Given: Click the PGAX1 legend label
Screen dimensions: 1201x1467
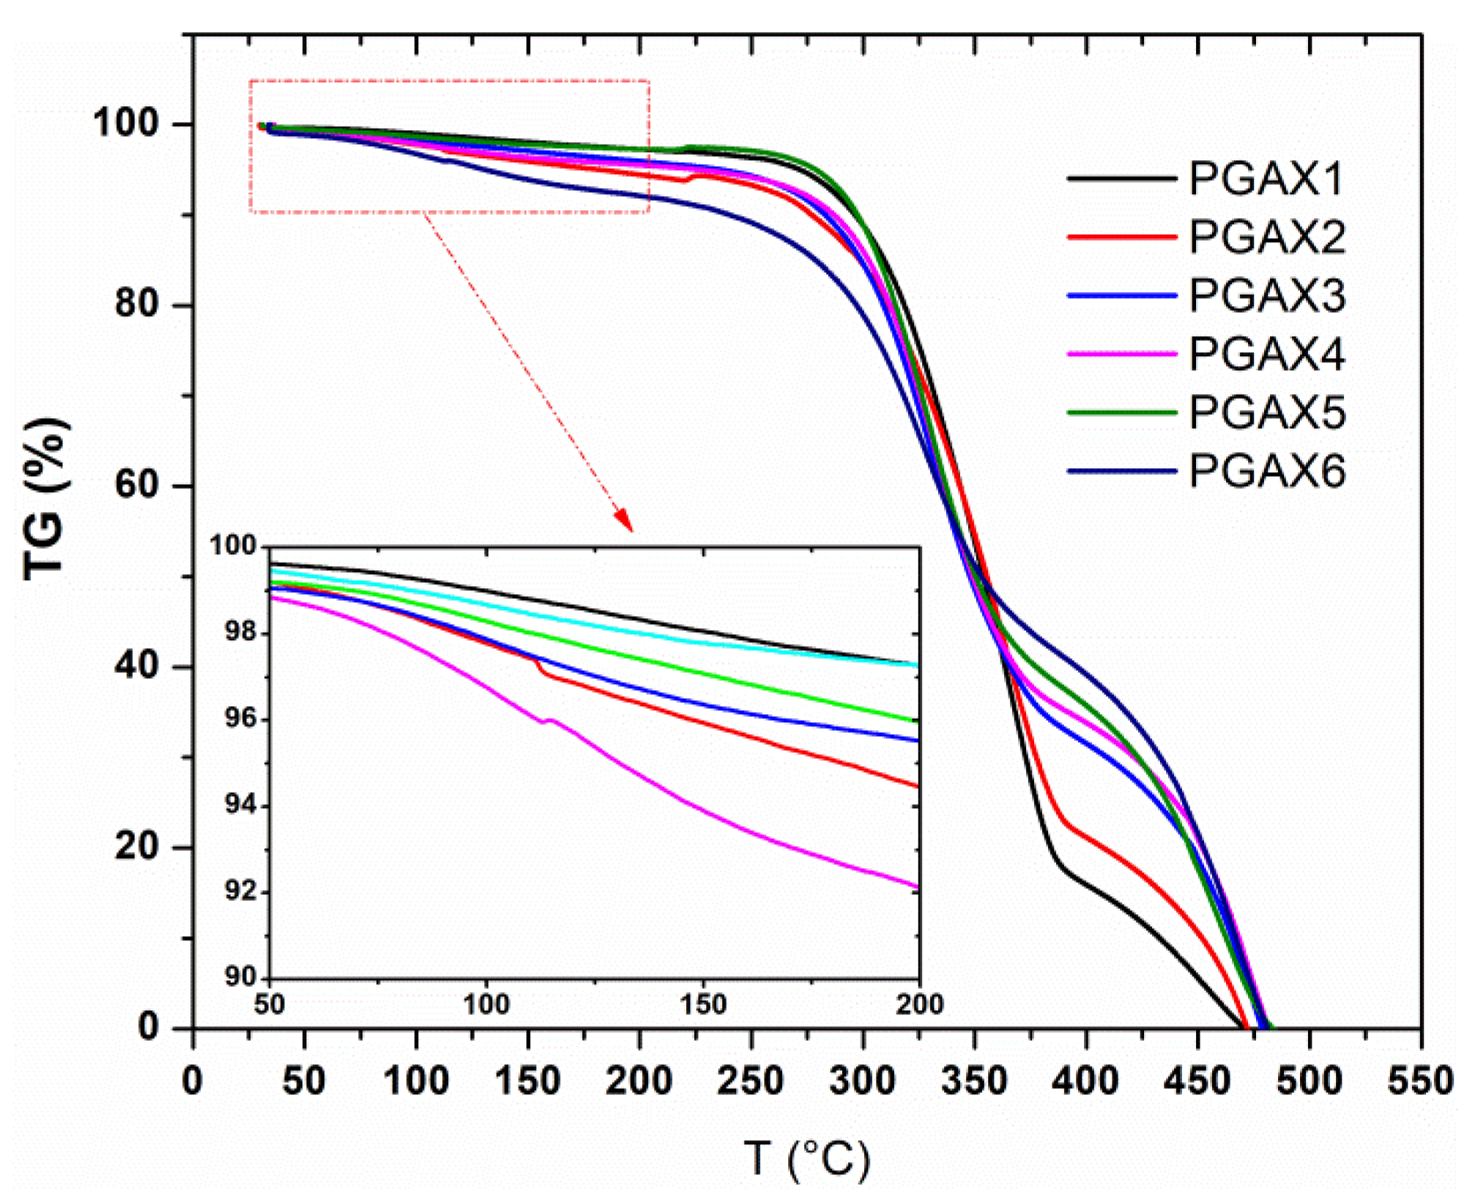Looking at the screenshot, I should [x=1266, y=179].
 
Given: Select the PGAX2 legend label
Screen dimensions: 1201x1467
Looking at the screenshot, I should [x=1266, y=237].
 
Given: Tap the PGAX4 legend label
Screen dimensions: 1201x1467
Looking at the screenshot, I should [x=1266, y=354].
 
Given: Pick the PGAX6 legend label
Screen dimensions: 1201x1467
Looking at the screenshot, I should [x=1266, y=471].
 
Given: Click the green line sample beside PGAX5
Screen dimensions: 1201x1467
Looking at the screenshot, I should [x=1121, y=413].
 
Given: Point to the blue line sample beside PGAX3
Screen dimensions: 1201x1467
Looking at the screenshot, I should [x=1121, y=296].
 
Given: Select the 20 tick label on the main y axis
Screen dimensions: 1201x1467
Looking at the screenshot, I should [x=137, y=846].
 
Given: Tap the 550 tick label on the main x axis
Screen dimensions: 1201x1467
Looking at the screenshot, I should [x=1419, y=1082].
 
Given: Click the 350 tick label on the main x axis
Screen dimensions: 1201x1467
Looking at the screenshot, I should [x=973, y=1082].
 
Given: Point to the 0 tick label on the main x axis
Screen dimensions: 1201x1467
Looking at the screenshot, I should [x=193, y=1082].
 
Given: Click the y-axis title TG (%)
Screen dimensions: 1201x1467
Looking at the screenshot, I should [x=45, y=499].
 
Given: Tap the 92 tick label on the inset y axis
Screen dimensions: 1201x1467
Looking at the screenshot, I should [x=241, y=891].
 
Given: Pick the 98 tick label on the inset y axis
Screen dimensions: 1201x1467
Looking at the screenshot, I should [x=241, y=632].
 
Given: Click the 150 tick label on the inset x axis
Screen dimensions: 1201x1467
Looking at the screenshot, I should [x=703, y=1003].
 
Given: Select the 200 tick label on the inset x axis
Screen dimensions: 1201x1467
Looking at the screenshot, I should [x=919, y=1003].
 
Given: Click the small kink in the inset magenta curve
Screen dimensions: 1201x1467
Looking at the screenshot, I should [x=546, y=721].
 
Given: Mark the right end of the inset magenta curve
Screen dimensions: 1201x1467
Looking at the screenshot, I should [x=917, y=887].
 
